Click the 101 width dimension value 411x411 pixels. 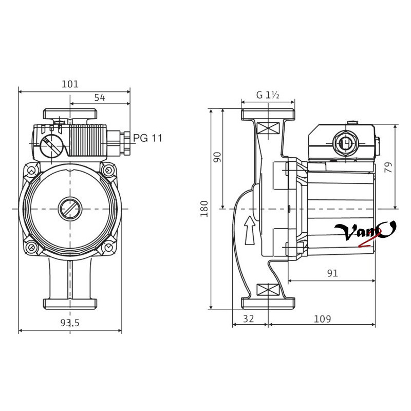click(x=70, y=84)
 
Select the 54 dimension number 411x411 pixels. click(x=100, y=98)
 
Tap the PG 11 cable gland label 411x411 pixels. click(x=148, y=138)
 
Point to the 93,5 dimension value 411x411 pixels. click(x=70, y=323)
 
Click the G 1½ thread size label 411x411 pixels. click(x=268, y=95)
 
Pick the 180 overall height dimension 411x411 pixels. click(x=204, y=209)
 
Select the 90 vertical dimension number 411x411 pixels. click(x=217, y=157)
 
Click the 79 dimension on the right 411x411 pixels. click(x=388, y=167)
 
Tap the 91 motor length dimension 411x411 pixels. click(x=332, y=273)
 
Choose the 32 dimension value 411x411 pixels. click(x=249, y=319)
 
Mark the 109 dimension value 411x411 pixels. click(x=323, y=319)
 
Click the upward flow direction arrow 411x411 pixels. click(x=250, y=230)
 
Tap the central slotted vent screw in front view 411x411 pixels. click(x=70, y=209)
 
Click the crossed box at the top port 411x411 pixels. click(x=268, y=128)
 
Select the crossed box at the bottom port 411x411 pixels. click(x=268, y=290)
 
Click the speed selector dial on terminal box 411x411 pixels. click(x=52, y=146)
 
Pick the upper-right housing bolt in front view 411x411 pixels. click(x=108, y=171)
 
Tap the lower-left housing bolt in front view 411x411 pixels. click(x=32, y=247)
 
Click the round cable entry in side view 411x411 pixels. click(x=345, y=143)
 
